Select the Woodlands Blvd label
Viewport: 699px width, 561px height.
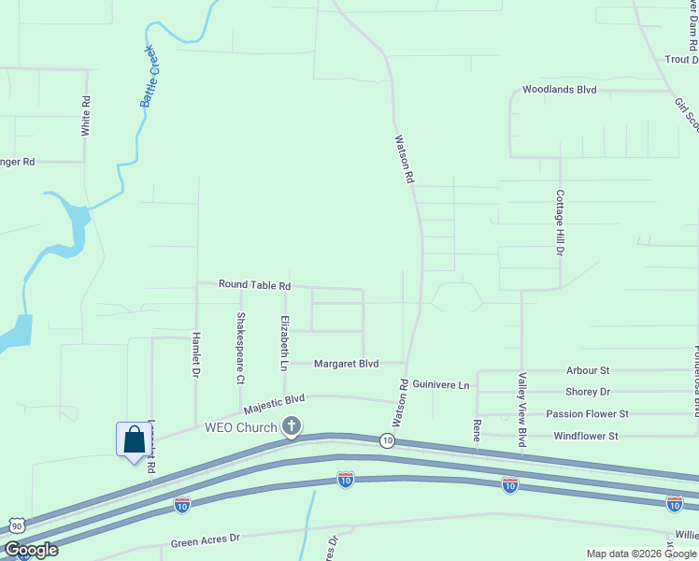559,90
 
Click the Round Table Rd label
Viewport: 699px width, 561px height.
254,284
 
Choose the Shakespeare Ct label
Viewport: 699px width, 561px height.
240,348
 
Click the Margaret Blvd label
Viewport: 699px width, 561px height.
346,364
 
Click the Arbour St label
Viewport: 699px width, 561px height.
588,371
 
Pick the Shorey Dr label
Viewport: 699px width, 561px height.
588,392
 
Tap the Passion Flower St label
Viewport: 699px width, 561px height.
588,413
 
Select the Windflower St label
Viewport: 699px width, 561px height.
586,436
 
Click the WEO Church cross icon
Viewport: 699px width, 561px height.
292,426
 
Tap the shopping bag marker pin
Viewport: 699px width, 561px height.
134,439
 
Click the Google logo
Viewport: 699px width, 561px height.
31,550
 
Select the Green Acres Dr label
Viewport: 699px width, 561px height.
206,539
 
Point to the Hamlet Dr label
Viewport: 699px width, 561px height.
196,354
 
